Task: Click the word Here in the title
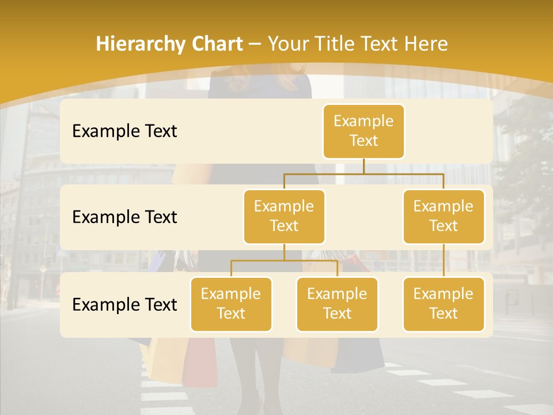[x=425, y=44]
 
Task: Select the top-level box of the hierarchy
[x=363, y=131]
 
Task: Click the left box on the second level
[x=284, y=216]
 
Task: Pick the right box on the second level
[x=444, y=216]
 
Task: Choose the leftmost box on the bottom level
[x=231, y=304]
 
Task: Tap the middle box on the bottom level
[x=337, y=304]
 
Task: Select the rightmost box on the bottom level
[x=444, y=304]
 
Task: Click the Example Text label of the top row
[x=124, y=131]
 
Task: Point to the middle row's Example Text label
[x=124, y=217]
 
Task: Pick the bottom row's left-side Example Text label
[x=124, y=305]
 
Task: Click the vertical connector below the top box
[x=363, y=166]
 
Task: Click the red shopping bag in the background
[x=199, y=360]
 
